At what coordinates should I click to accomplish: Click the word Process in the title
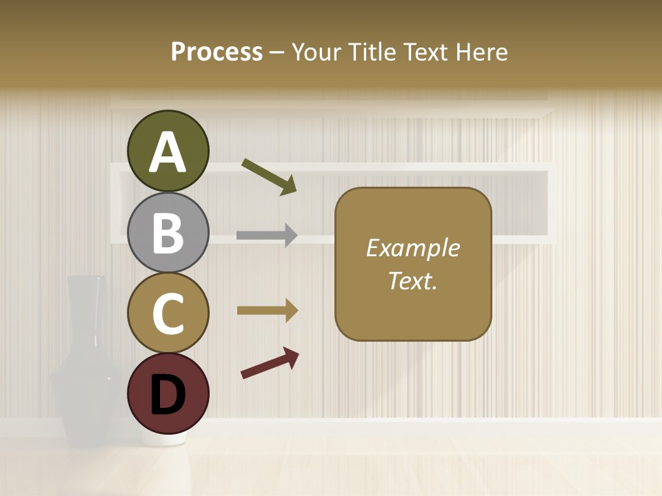pyautogui.click(x=217, y=52)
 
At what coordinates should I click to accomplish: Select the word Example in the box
pyautogui.click(x=413, y=248)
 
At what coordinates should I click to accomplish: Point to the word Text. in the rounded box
pyautogui.click(x=413, y=280)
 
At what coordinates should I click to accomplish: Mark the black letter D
pyautogui.click(x=168, y=394)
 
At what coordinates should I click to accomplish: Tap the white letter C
pyautogui.click(x=168, y=314)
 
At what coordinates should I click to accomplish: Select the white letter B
pyautogui.click(x=168, y=233)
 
